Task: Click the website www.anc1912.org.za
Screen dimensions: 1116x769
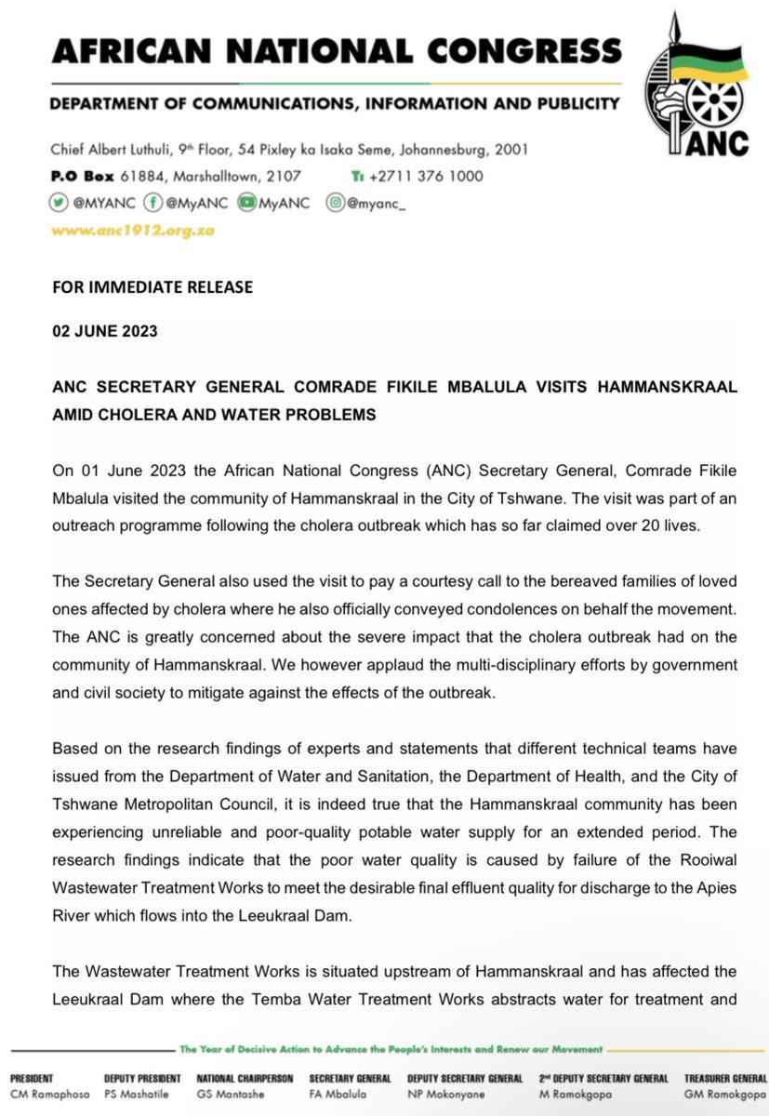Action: pyautogui.click(x=133, y=230)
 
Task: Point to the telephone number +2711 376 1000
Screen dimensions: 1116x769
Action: pyautogui.click(x=425, y=176)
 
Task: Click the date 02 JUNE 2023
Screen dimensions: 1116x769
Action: pyautogui.click(x=104, y=332)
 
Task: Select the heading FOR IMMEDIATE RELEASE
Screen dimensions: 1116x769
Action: pyautogui.click(x=152, y=287)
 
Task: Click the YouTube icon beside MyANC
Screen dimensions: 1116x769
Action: pyautogui.click(x=246, y=203)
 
